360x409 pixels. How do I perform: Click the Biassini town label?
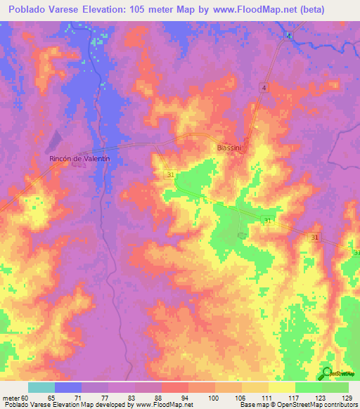tap(230, 148)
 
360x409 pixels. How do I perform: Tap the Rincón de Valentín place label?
tap(80, 160)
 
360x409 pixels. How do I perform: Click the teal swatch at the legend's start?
tap(41, 387)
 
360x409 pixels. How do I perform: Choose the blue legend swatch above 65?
tap(68, 387)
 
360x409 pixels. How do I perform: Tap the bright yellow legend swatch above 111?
tap(282, 387)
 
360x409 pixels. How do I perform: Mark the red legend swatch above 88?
tap(175, 387)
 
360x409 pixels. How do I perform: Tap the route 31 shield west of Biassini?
tap(171, 173)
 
